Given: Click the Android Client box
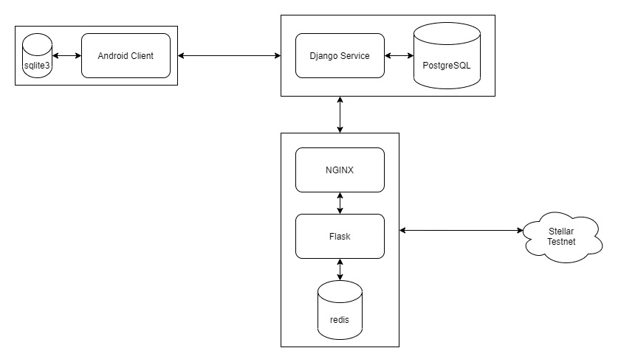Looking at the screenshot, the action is (126, 56).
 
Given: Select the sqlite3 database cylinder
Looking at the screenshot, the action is (37, 56).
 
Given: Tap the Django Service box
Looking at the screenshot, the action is (340, 56).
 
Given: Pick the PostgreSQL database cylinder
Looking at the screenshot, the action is (447, 56).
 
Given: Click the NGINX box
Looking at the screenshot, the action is (340, 170).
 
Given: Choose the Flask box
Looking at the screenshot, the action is (340, 237).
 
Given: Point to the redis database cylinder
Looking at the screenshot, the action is (340, 310).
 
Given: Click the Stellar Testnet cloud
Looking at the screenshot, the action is (563, 237).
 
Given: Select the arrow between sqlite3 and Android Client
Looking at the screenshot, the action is (66, 56).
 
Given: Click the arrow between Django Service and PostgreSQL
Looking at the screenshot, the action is (399, 56).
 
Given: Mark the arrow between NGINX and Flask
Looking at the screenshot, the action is (340, 203).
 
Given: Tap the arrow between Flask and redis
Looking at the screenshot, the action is (340, 270).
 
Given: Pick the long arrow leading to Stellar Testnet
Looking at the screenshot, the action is (461, 230).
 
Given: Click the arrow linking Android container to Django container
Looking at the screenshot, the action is (230, 56).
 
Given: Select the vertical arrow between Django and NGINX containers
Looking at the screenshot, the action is (340, 115).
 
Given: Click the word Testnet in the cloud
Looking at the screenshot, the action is (561, 242).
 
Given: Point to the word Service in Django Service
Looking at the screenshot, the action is (355, 56).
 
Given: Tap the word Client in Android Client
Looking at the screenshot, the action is (143, 56).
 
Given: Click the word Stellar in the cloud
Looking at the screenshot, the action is (561, 231).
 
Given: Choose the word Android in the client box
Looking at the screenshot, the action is (113, 56).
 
